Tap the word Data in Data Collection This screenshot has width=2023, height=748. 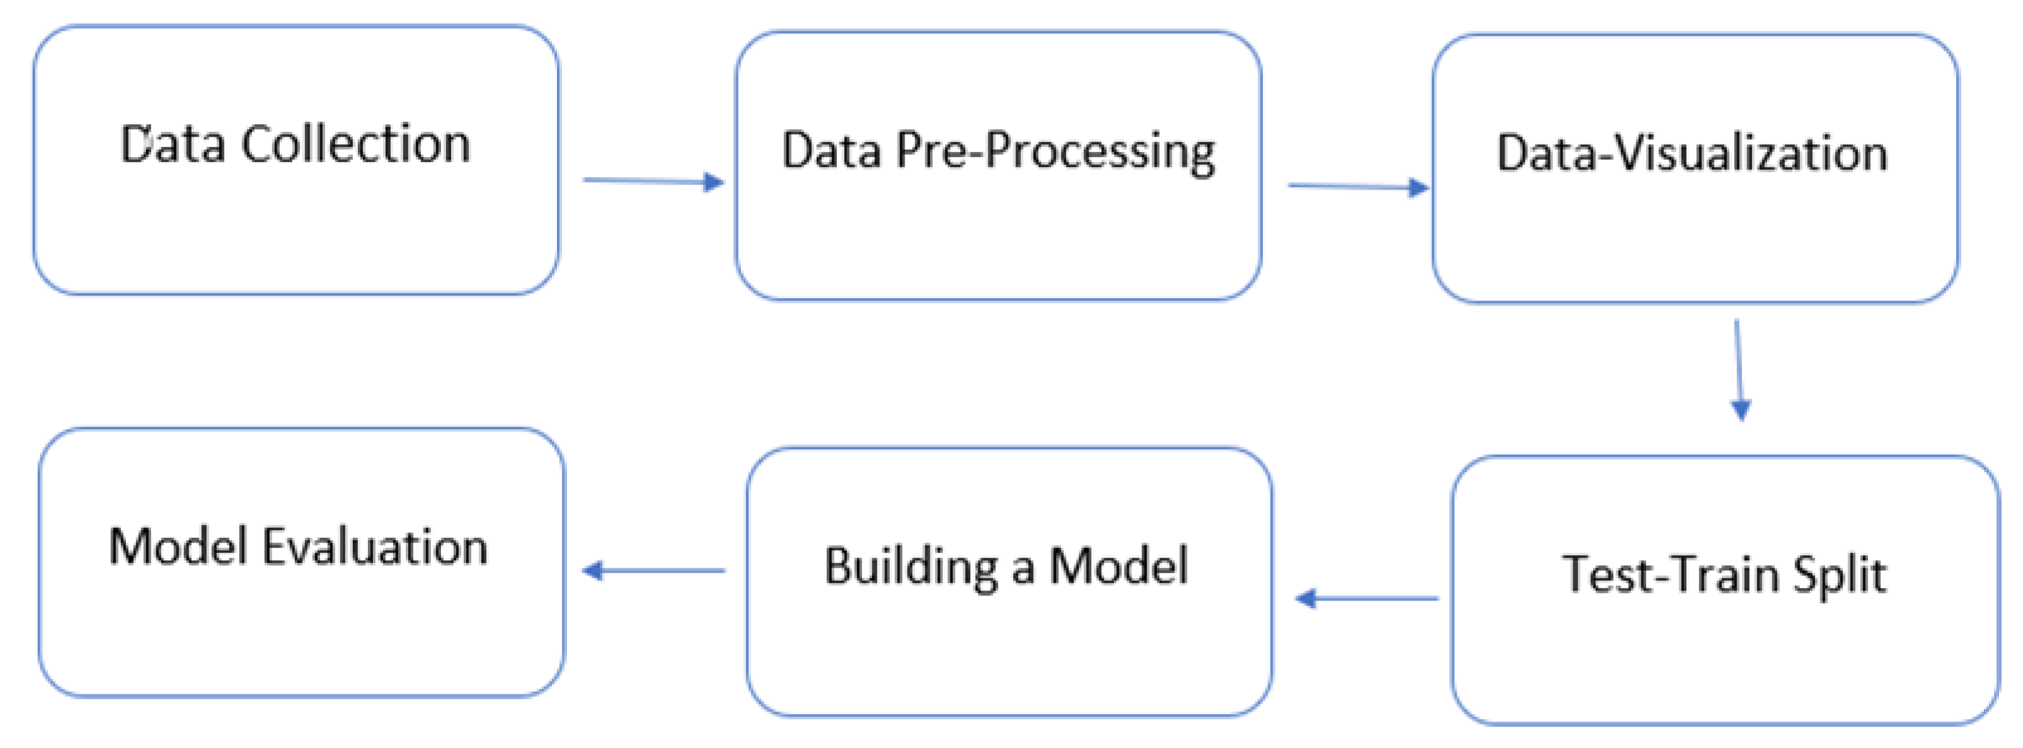(172, 146)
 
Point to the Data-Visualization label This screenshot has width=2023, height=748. (1692, 153)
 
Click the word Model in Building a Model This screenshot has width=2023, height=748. (1118, 566)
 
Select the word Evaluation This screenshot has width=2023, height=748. (375, 548)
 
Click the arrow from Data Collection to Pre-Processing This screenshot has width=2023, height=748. (652, 181)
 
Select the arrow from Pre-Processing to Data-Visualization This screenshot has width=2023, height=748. (1357, 187)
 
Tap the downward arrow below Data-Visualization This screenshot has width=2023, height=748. (1739, 369)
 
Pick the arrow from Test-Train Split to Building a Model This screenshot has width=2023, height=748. (1367, 599)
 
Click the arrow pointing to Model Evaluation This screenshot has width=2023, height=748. (653, 570)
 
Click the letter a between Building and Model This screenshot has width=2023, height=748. (1023, 570)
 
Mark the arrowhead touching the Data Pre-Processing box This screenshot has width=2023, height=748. (713, 182)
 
